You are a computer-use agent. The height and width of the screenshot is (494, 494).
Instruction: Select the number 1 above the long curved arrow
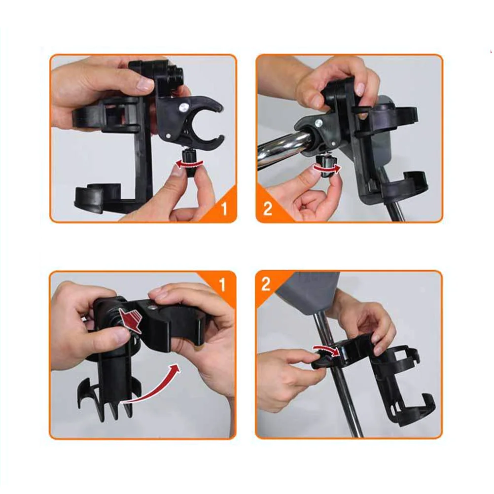pos(222,284)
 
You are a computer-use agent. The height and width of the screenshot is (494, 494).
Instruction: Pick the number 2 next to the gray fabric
pos(267,285)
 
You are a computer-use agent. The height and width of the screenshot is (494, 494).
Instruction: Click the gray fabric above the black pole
pos(308,291)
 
